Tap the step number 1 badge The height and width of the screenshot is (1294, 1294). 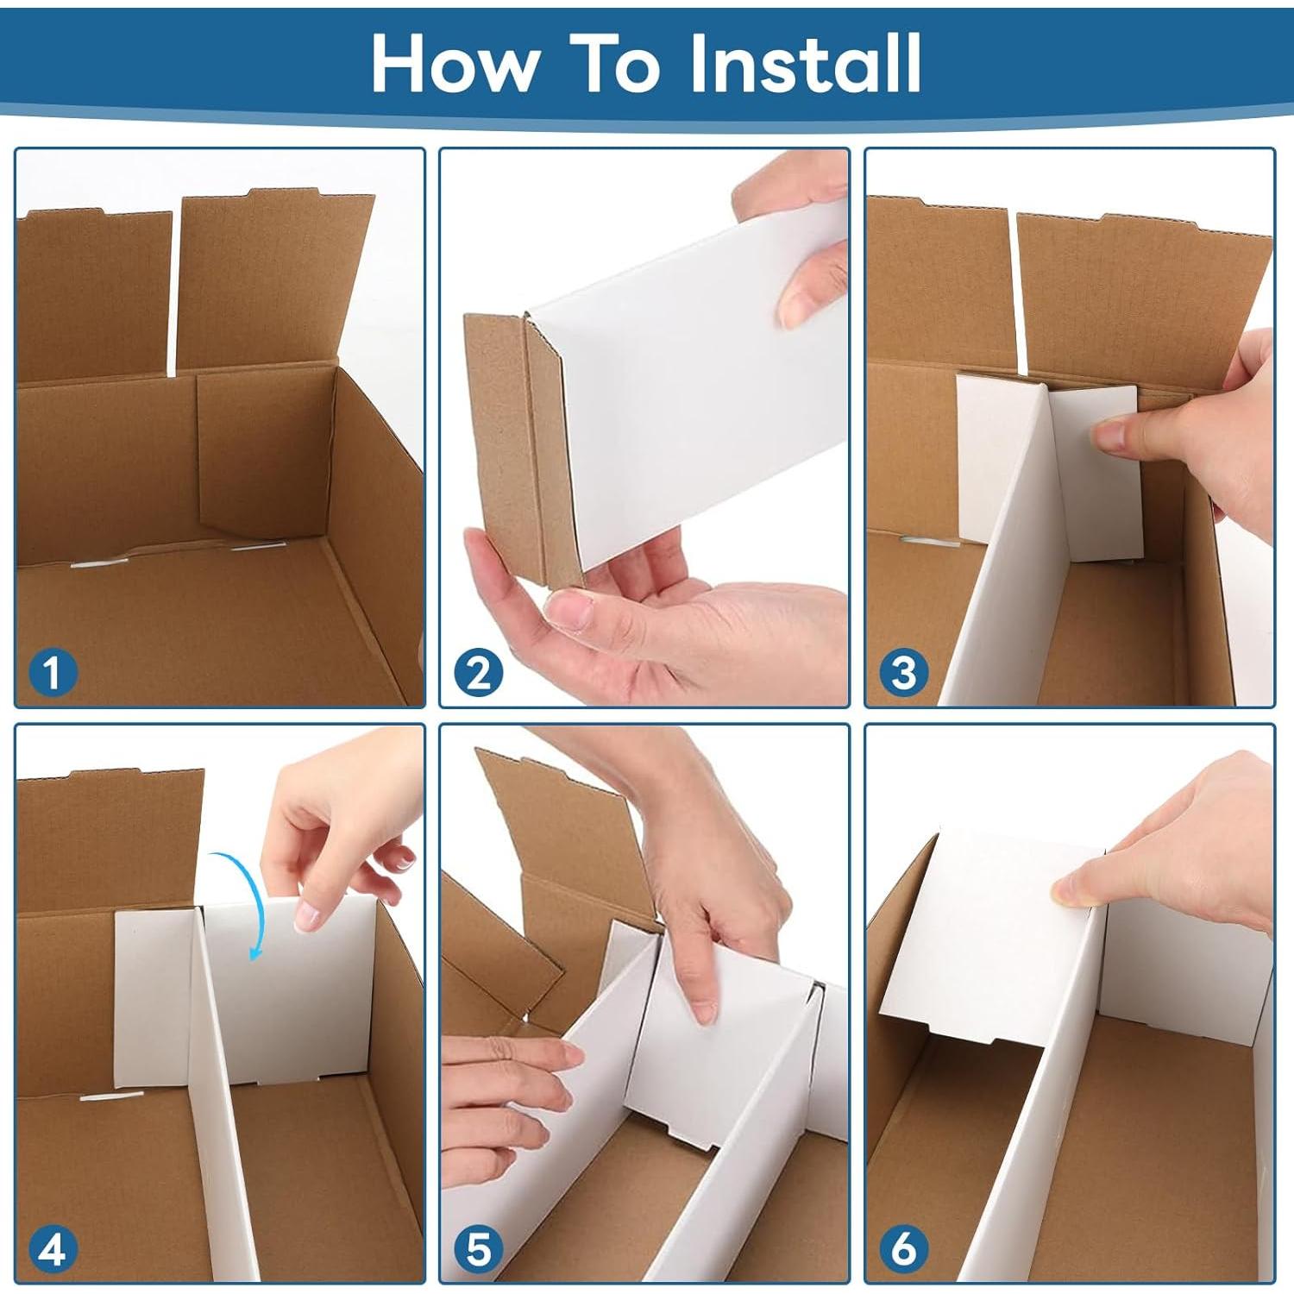[x=53, y=672]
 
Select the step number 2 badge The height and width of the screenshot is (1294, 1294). [x=478, y=672]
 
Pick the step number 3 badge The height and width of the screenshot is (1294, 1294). [x=903, y=672]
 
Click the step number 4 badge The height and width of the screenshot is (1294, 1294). [x=53, y=1248]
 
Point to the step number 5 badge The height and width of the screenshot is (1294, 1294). [x=478, y=1248]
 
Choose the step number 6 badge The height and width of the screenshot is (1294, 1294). [x=903, y=1248]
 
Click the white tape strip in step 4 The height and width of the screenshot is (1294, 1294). [x=112, y=1096]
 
